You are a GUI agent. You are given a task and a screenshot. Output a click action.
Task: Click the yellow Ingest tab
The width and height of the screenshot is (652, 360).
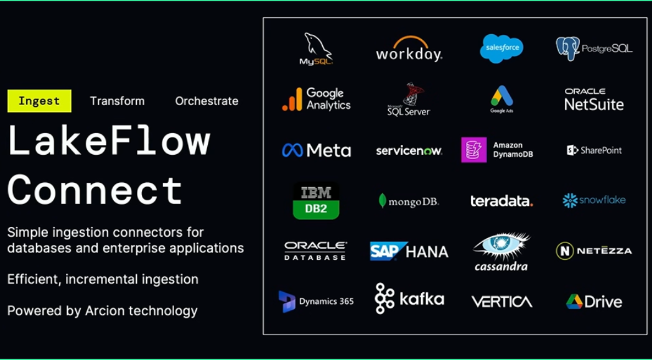pyautogui.click(x=39, y=101)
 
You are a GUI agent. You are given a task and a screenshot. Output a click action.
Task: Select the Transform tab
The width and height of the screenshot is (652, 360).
pyautogui.click(x=117, y=101)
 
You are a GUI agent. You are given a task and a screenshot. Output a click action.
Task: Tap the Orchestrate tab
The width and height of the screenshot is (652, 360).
pyautogui.click(x=207, y=101)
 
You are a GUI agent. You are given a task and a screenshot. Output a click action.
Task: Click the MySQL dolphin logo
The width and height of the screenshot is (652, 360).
pyautogui.click(x=317, y=49)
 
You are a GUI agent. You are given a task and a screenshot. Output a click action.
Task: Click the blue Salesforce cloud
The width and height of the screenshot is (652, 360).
pyautogui.click(x=501, y=48)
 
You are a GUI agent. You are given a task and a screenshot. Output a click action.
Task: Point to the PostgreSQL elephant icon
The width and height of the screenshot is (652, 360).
pyautogui.click(x=567, y=48)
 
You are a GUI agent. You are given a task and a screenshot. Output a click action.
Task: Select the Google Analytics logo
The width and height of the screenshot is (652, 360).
pyautogui.click(x=317, y=99)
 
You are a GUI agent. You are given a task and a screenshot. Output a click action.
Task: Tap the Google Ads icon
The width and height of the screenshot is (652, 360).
pyautogui.click(x=501, y=96)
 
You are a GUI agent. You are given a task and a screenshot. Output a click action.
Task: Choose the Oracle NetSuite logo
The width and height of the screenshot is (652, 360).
pyautogui.click(x=594, y=99)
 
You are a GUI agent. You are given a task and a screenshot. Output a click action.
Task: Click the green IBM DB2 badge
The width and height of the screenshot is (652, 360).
pyautogui.click(x=316, y=200)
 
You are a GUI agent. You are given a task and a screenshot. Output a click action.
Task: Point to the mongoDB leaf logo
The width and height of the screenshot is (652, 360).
pyautogui.click(x=383, y=201)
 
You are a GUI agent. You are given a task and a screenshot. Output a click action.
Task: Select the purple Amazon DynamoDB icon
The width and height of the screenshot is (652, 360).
pyautogui.click(x=474, y=150)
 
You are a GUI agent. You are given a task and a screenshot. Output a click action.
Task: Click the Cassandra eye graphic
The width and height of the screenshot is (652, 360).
pyautogui.click(x=501, y=246)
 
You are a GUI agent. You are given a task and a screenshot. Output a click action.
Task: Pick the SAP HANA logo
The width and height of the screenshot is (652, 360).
pyautogui.click(x=409, y=251)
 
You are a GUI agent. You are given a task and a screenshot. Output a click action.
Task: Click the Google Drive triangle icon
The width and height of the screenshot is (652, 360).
pyautogui.click(x=574, y=302)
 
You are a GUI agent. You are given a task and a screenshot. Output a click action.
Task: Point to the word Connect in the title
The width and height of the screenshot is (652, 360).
pyautogui.click(x=95, y=190)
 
